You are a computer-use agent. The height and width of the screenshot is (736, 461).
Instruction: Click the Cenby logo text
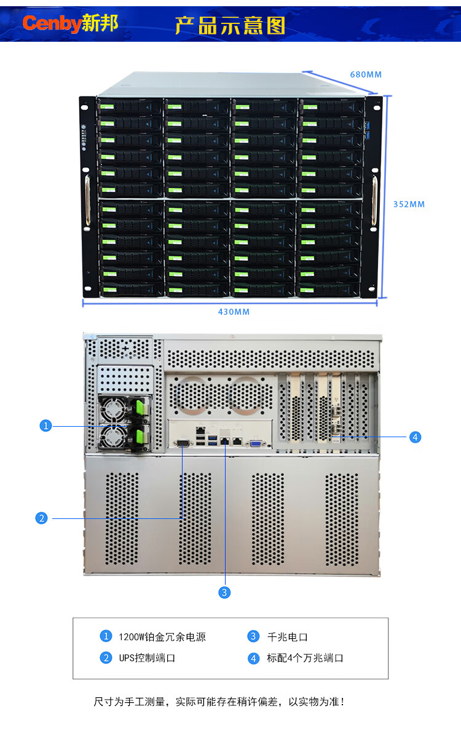pyautogui.click(x=52, y=24)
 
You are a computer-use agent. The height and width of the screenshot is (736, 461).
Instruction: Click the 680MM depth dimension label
pyautogui.click(x=366, y=74)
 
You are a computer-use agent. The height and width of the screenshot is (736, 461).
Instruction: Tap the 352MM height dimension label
pyautogui.click(x=409, y=204)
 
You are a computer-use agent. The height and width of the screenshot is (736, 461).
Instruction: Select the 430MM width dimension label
pyautogui.click(x=234, y=312)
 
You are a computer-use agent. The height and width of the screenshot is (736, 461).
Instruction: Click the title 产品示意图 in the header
pyautogui.click(x=230, y=25)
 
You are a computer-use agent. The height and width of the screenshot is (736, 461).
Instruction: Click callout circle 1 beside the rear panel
pyautogui.click(x=45, y=425)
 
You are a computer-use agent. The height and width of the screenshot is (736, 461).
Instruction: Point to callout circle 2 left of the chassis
pyautogui.click(x=41, y=518)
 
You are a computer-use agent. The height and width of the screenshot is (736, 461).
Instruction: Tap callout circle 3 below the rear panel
pyautogui.click(x=224, y=592)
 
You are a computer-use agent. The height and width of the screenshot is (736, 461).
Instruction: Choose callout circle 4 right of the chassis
pyautogui.click(x=416, y=437)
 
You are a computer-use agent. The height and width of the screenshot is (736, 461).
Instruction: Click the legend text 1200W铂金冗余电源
pyautogui.click(x=162, y=637)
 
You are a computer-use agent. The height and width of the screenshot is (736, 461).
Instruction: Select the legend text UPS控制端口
pyautogui.click(x=147, y=658)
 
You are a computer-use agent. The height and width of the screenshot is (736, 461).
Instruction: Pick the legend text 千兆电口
pyautogui.click(x=287, y=637)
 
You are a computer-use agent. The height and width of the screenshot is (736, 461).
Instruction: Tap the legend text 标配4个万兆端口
pyautogui.click(x=305, y=658)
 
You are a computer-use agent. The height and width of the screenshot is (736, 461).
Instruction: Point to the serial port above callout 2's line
pyautogui.click(x=183, y=442)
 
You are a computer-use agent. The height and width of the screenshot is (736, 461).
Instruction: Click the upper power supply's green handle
pyautogui.click(x=140, y=407)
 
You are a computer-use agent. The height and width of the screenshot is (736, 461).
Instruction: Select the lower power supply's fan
pyautogui.click(x=114, y=437)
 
